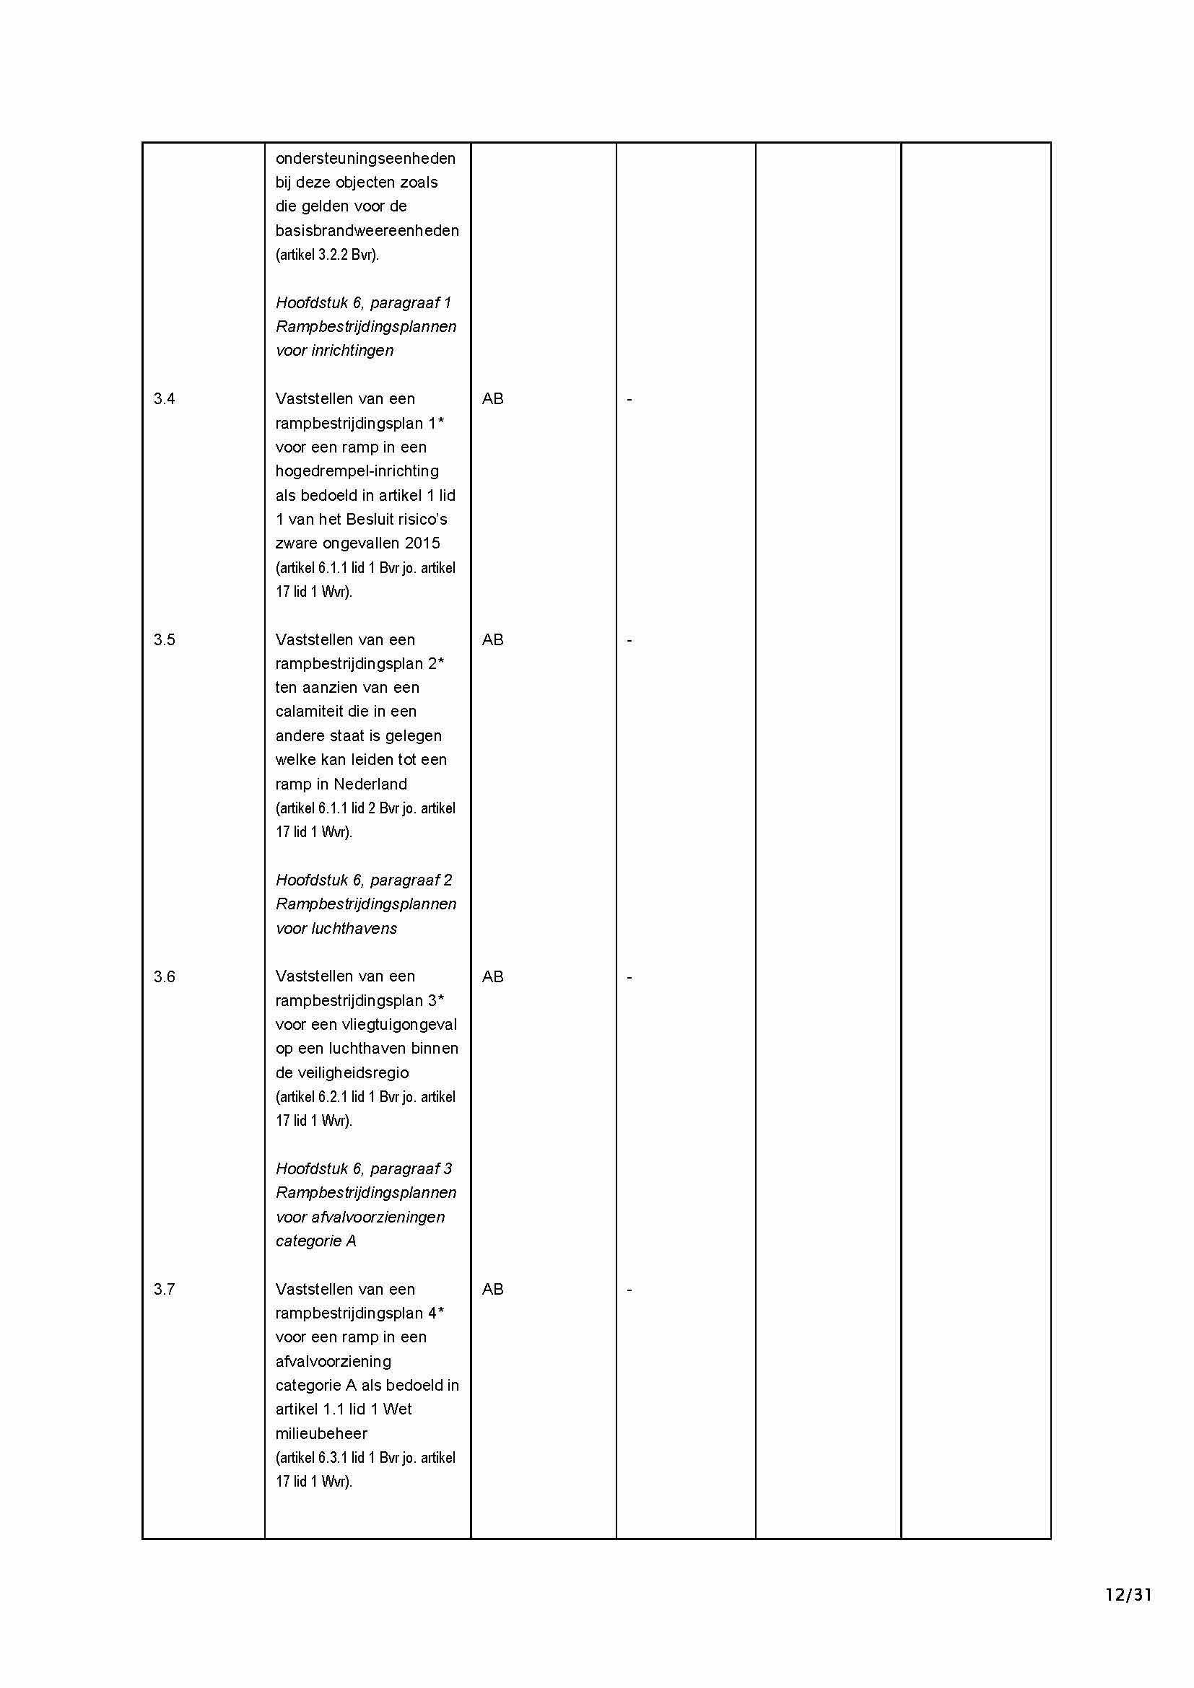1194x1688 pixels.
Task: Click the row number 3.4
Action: (164, 398)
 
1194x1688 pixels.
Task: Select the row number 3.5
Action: (164, 639)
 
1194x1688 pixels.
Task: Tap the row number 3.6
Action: (164, 976)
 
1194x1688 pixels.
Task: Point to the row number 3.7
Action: (164, 1289)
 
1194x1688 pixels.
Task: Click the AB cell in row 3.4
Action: (492, 398)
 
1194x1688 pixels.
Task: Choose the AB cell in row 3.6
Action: (492, 976)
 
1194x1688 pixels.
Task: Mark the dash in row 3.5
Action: (629, 639)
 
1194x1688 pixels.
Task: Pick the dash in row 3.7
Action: (629, 1289)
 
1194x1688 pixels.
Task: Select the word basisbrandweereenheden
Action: (367, 230)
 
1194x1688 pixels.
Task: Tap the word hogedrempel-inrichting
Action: (357, 471)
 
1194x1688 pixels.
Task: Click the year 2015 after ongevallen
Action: (422, 543)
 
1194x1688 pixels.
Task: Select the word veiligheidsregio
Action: (342, 1072)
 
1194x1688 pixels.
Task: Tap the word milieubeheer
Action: (321, 1433)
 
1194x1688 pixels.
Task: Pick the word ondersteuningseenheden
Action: (365, 158)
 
